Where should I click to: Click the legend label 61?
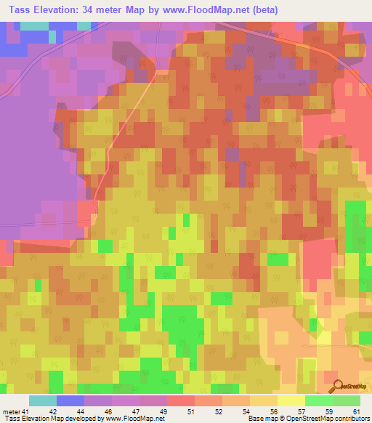pos(356,411)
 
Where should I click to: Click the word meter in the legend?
pos(10,411)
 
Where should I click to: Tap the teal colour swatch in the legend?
pos(43,400)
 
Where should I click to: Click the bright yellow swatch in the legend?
pos(291,400)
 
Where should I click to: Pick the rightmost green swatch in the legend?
pos(347,400)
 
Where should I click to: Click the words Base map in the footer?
pos(264,419)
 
